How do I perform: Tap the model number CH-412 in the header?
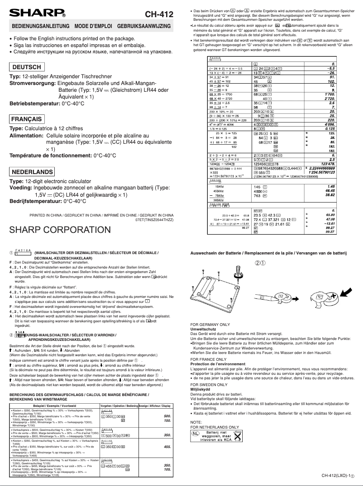(x=159, y=14)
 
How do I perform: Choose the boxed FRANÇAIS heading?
(x=28, y=119)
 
